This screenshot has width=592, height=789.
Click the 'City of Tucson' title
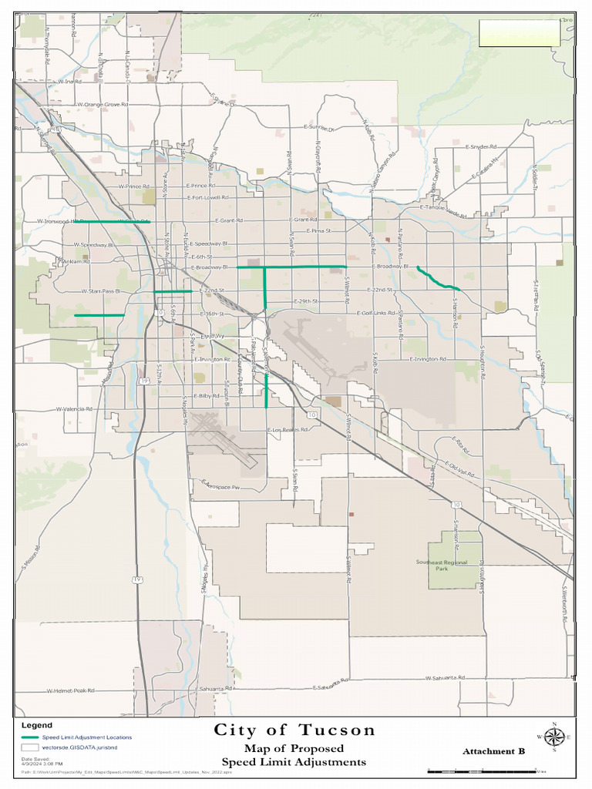pos(294,730)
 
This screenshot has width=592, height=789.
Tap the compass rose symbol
pos(554,737)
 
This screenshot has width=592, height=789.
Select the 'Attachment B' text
pos(493,751)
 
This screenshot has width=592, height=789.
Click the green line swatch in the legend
pos(30,737)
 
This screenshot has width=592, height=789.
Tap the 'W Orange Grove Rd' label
pos(101,104)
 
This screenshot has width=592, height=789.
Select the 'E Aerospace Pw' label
pos(221,485)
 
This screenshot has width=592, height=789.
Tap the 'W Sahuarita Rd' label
pos(445,678)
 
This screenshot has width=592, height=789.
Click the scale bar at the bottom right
pos(486,770)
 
